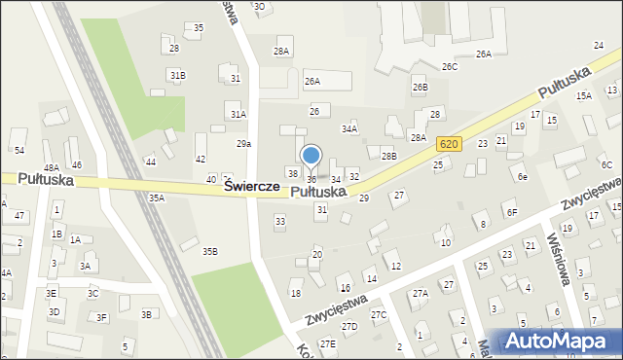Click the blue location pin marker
(311, 156)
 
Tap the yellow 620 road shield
(448, 144)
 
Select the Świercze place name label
(252, 186)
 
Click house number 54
(18, 150)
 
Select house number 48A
(52, 168)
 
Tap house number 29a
(244, 143)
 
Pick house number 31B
(177, 75)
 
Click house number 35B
(210, 252)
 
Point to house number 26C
(449, 67)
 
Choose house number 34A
(348, 128)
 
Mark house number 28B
(388, 156)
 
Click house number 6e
(522, 177)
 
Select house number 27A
(420, 293)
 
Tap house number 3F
(101, 317)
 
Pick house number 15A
(583, 96)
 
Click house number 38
(291, 173)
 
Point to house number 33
(280, 222)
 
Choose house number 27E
(328, 343)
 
